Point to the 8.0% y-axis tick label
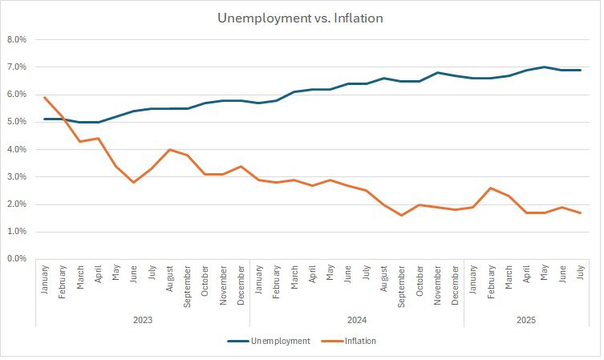[x=17, y=39]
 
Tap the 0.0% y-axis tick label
[x=17, y=259]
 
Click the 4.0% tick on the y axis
[x=17, y=149]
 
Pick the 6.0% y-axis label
[x=17, y=95]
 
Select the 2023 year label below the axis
[x=143, y=319]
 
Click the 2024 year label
[x=357, y=319]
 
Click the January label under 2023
[x=45, y=281]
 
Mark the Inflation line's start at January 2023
[x=45, y=97]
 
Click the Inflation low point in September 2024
[x=402, y=215]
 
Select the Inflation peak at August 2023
[x=169, y=149]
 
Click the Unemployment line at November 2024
[x=437, y=72]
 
